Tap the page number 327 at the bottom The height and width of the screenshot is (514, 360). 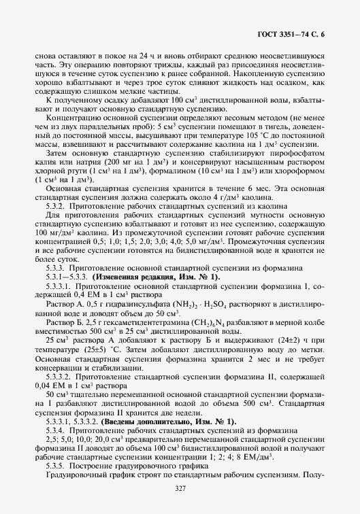[x=180, y=489]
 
